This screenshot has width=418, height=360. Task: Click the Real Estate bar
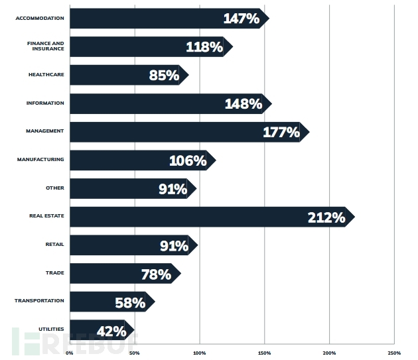pos(199,217)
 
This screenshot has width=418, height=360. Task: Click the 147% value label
pos(241,19)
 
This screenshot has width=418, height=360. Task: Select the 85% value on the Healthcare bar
pos(164,76)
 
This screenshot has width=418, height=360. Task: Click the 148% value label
pos(243,104)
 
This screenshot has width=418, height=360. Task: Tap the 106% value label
pos(188,160)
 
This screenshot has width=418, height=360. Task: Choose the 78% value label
pos(156,274)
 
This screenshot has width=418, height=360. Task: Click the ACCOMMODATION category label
pos(40,18)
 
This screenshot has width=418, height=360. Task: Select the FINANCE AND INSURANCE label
pos(45,46)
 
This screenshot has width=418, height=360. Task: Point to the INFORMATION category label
pos(45,103)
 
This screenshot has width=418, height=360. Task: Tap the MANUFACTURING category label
pos(40,159)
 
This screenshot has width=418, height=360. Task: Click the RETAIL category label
pos(54,245)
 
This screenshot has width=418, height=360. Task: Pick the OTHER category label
pos(55,188)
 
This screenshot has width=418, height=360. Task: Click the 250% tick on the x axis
pos(393,353)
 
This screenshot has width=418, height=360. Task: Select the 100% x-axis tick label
pos(200,353)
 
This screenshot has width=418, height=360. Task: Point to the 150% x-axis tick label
pos(264,353)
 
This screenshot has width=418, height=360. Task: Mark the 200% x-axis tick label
pos(329,353)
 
